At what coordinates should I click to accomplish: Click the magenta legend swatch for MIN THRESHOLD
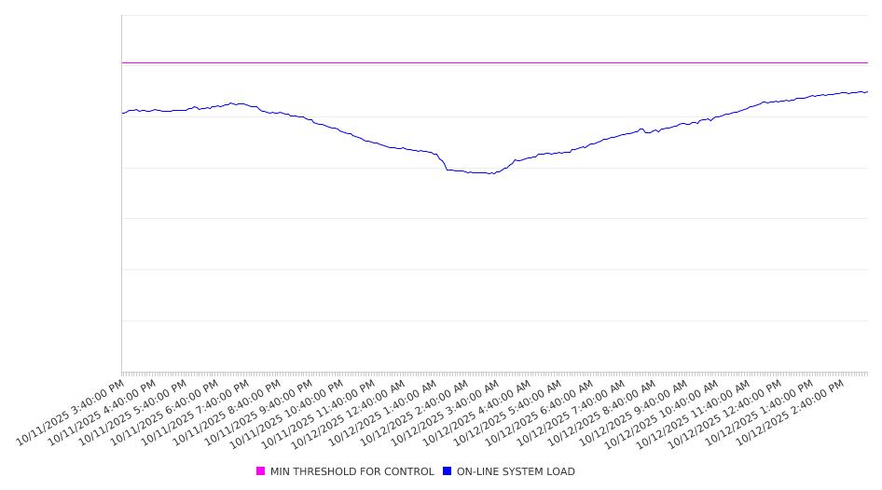tap(261, 471)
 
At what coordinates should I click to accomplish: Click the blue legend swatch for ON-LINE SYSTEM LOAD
tap(448, 471)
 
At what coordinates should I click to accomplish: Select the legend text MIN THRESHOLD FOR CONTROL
tap(351, 471)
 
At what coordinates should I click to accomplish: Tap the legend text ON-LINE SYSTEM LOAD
tap(516, 471)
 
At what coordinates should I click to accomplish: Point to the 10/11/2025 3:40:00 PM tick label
tap(71, 411)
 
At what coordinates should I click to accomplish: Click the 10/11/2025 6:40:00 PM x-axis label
tap(165, 411)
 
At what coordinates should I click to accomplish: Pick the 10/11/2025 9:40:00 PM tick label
tap(258, 411)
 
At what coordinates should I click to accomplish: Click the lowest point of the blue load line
tap(491, 174)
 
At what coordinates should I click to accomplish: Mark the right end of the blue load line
tap(867, 91)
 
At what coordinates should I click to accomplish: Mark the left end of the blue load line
tap(122, 113)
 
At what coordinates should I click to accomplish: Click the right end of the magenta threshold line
tap(867, 62)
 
